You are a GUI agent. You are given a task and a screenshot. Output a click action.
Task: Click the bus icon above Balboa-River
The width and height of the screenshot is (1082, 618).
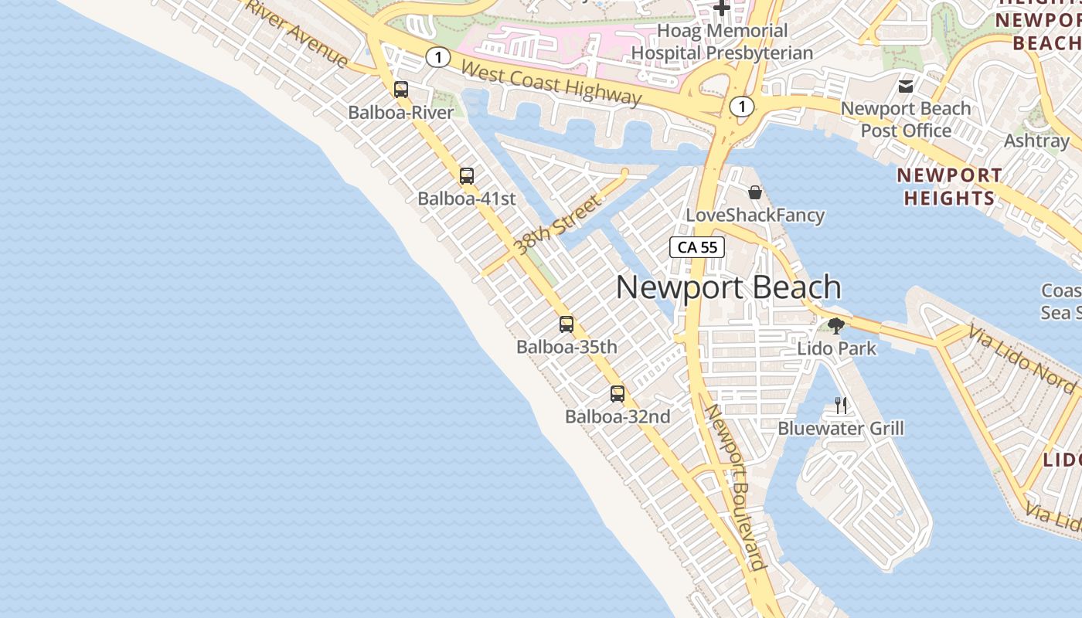coord(400,90)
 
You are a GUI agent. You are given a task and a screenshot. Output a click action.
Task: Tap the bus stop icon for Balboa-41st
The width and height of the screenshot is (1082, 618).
coord(466,176)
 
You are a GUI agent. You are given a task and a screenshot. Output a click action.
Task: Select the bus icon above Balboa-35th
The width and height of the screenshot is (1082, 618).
coord(567,324)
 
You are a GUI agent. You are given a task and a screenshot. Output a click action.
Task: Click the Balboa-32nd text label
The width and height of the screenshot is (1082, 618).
coord(618,417)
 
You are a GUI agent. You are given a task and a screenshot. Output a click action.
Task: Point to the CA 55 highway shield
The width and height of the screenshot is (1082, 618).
coord(697,247)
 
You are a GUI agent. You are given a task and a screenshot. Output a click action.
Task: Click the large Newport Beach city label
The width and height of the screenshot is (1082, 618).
coord(728,288)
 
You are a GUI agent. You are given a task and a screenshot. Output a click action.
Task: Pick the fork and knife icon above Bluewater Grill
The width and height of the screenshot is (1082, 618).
coord(841,405)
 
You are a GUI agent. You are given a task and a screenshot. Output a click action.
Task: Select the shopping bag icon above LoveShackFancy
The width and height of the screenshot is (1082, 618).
coord(754,192)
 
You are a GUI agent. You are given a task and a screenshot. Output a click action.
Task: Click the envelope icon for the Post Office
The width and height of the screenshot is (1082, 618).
coord(906,86)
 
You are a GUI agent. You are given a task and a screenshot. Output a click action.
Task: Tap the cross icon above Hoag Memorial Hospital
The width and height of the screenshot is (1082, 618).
coord(722,8)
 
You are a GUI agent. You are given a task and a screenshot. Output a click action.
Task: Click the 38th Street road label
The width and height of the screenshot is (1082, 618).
coord(557,226)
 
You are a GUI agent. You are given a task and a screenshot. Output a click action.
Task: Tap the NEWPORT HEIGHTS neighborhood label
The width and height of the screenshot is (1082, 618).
coord(950,187)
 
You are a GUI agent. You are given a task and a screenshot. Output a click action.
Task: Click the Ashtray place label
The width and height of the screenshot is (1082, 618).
coord(1036,141)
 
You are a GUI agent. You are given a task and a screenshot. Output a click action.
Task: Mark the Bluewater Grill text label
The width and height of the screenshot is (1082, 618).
coord(841,429)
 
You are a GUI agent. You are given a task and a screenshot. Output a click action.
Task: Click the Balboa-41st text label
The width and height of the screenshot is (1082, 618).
coord(467,199)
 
